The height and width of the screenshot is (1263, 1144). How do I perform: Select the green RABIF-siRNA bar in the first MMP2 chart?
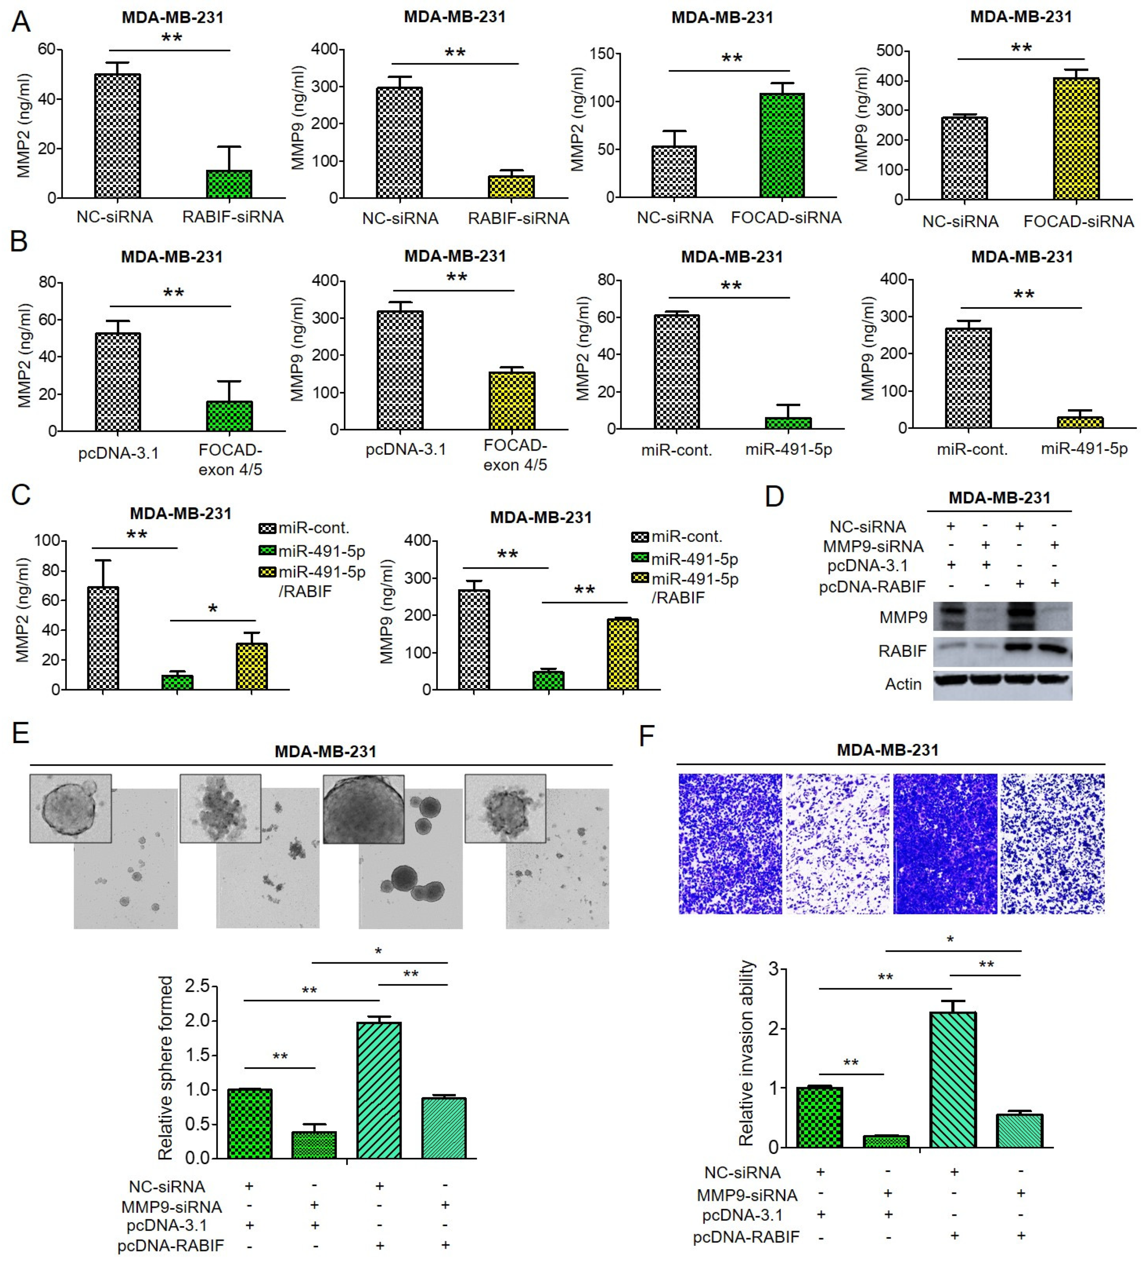tap(229, 183)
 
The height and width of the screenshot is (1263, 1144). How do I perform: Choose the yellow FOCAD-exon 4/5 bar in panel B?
tap(512, 401)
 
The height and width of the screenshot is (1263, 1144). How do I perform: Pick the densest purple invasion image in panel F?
tap(945, 843)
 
